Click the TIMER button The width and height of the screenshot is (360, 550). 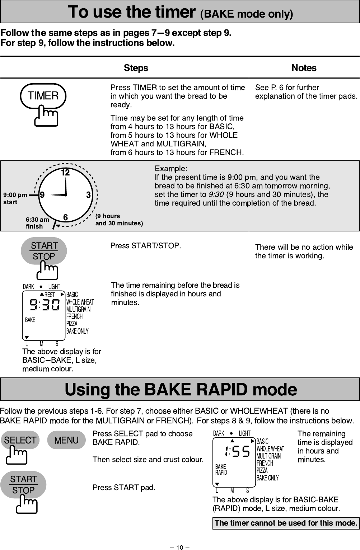coord(43,96)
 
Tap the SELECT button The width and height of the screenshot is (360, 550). coord(20,440)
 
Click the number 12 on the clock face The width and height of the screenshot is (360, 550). coord(65,173)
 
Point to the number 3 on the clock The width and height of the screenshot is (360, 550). coord(88,195)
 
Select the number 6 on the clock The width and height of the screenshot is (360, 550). coord(65,217)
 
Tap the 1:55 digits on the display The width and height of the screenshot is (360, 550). coord(236,452)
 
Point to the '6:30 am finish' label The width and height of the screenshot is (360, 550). coord(37,223)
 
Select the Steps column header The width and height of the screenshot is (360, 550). coord(136,68)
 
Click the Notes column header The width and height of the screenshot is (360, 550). coord(304,68)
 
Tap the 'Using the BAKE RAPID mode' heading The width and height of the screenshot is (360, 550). coord(181,389)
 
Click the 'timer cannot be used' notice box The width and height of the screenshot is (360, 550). coord(286,523)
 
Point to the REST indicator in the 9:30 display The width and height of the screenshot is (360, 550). coord(50,295)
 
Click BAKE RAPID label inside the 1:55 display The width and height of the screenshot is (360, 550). coord(221,469)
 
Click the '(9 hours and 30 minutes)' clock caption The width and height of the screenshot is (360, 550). coord(119,220)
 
